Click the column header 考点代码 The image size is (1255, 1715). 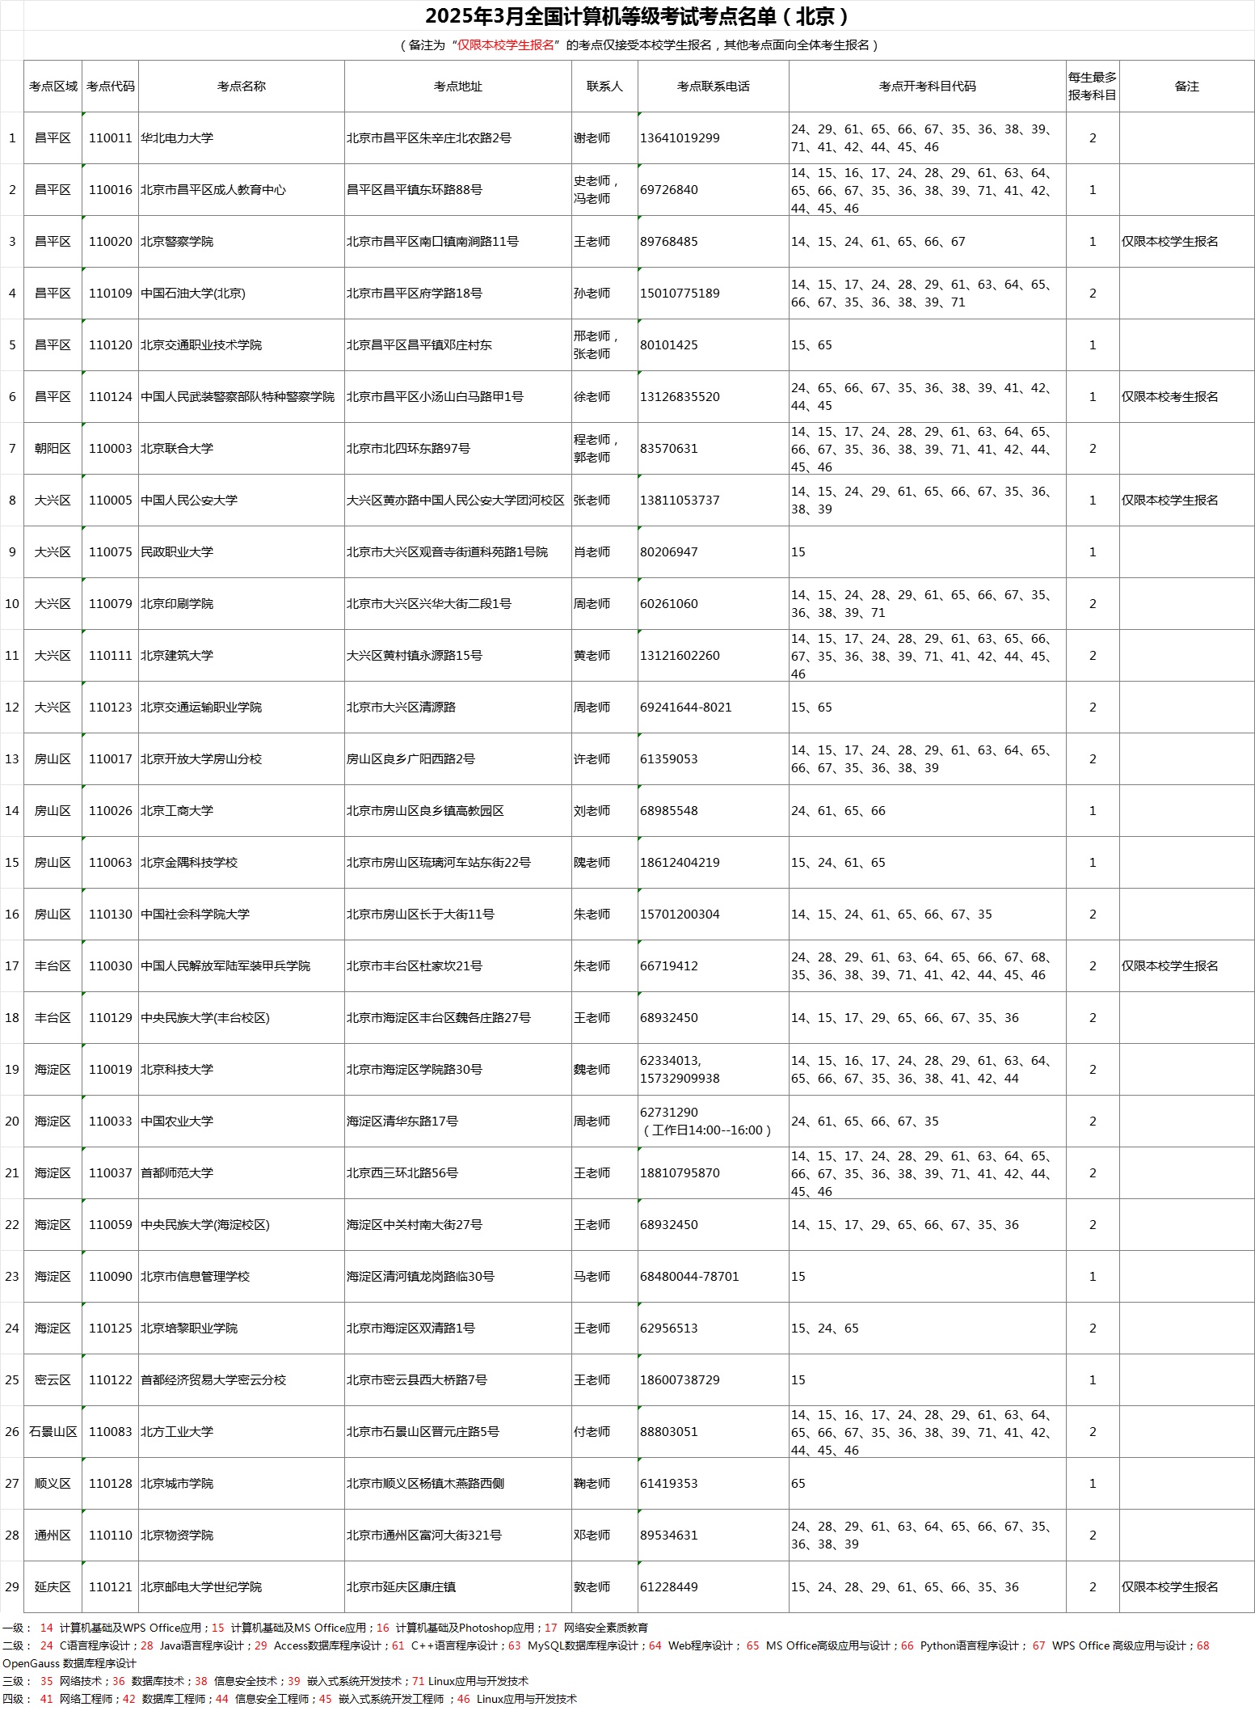coord(111,87)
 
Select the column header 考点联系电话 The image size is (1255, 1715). coord(713,87)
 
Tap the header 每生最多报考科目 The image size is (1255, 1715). coord(1092,87)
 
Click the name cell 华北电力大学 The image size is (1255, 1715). coord(177,138)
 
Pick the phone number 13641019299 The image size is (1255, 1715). coord(680,138)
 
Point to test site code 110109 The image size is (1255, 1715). coord(111,294)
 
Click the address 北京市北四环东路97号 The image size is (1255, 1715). coord(408,449)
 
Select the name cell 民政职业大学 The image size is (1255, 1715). coord(177,552)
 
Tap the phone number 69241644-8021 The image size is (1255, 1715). coord(685,708)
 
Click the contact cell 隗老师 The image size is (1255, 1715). coord(592,863)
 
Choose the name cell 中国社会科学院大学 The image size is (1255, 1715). coord(195,915)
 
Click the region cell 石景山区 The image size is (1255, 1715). coord(53,1432)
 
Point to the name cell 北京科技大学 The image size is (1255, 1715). coord(177,1070)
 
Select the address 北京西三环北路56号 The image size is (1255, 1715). coord(402,1173)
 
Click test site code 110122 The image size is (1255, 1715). coord(111,1380)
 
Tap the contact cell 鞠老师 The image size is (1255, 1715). coord(592,1484)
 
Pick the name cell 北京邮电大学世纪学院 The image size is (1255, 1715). coord(201,1587)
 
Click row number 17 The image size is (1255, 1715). coord(12,966)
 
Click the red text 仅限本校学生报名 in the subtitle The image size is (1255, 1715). coord(506,45)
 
